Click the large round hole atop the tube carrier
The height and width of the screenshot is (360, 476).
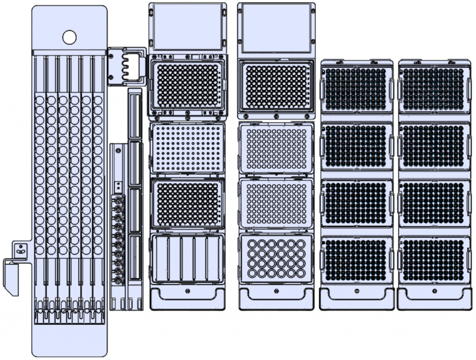click(x=69, y=37)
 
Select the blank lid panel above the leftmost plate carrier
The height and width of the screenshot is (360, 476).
click(x=187, y=26)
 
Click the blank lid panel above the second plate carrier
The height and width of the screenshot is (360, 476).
click(x=276, y=27)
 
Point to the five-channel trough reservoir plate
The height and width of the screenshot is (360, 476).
click(x=187, y=259)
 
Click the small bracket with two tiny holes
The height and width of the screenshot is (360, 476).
click(x=20, y=250)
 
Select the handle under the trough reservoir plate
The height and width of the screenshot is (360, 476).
click(x=187, y=296)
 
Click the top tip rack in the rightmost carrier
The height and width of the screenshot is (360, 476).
click(x=434, y=89)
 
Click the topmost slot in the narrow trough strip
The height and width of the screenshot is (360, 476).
click(x=134, y=114)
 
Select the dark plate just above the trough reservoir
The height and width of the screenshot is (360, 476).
click(x=187, y=204)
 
